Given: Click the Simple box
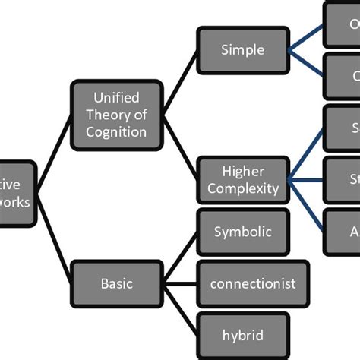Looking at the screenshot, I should [243, 50].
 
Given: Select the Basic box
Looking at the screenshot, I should [117, 283].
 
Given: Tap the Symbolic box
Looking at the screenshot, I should [243, 232].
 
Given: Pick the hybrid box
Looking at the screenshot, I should [243, 334].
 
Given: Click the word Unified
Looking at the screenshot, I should [116, 97].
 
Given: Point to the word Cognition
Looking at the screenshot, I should [116, 131].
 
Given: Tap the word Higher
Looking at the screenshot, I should [243, 171].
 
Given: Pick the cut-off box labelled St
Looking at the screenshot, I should [343, 179].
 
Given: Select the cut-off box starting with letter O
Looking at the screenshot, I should [343, 24].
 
